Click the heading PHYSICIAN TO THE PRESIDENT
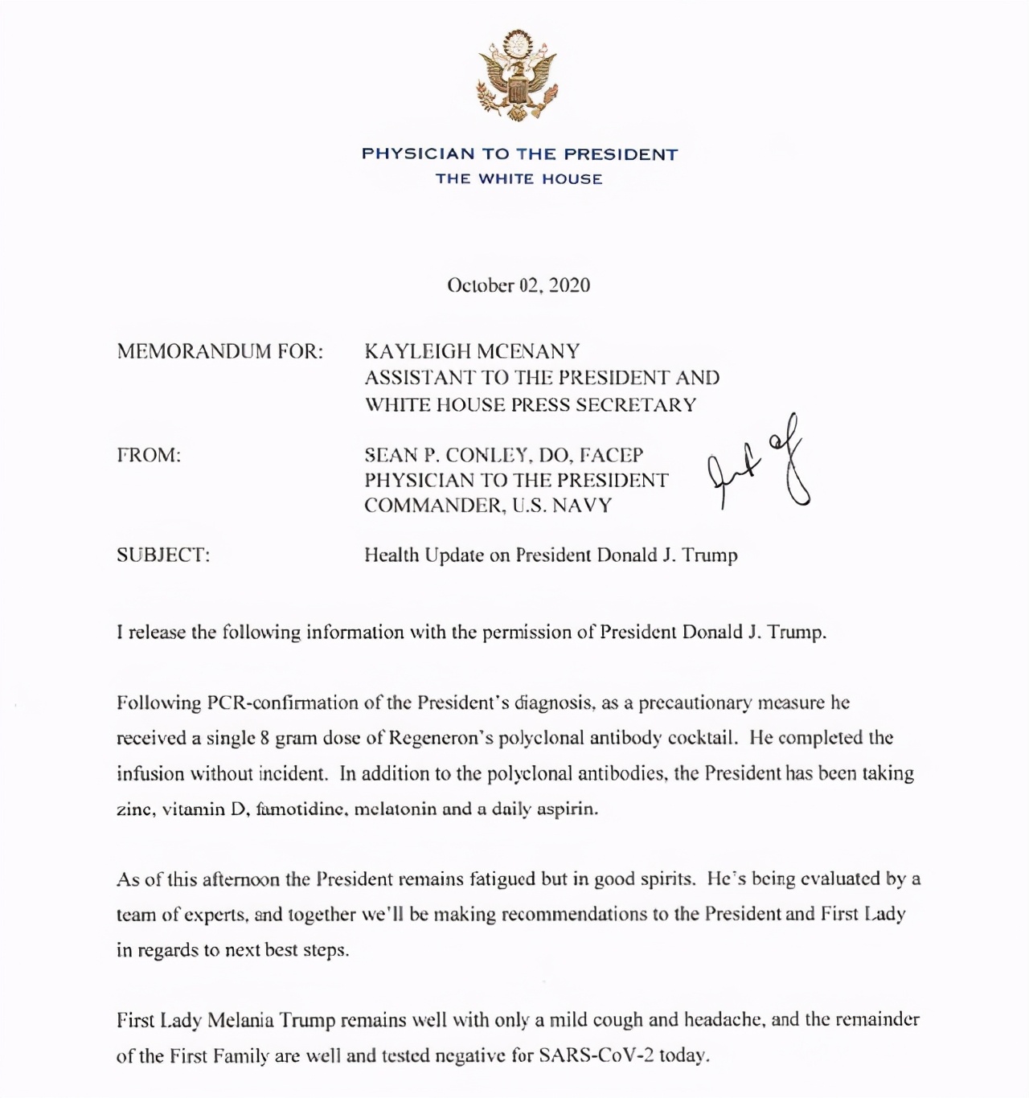[519, 154]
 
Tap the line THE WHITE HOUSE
[519, 178]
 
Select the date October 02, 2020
[519, 285]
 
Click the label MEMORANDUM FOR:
[219, 351]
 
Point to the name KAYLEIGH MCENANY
[472, 351]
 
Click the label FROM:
[149, 455]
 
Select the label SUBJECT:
[163, 555]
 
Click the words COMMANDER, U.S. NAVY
[488, 506]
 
